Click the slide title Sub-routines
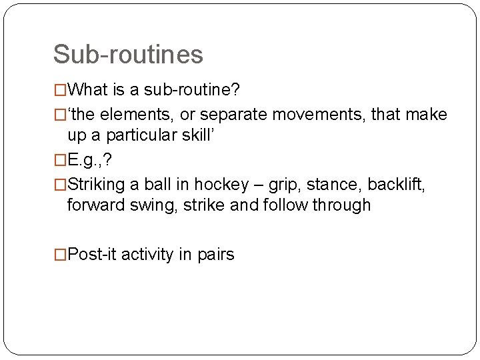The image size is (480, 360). coord(128,54)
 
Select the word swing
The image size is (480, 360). coord(147,205)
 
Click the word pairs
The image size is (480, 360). coord(215,255)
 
